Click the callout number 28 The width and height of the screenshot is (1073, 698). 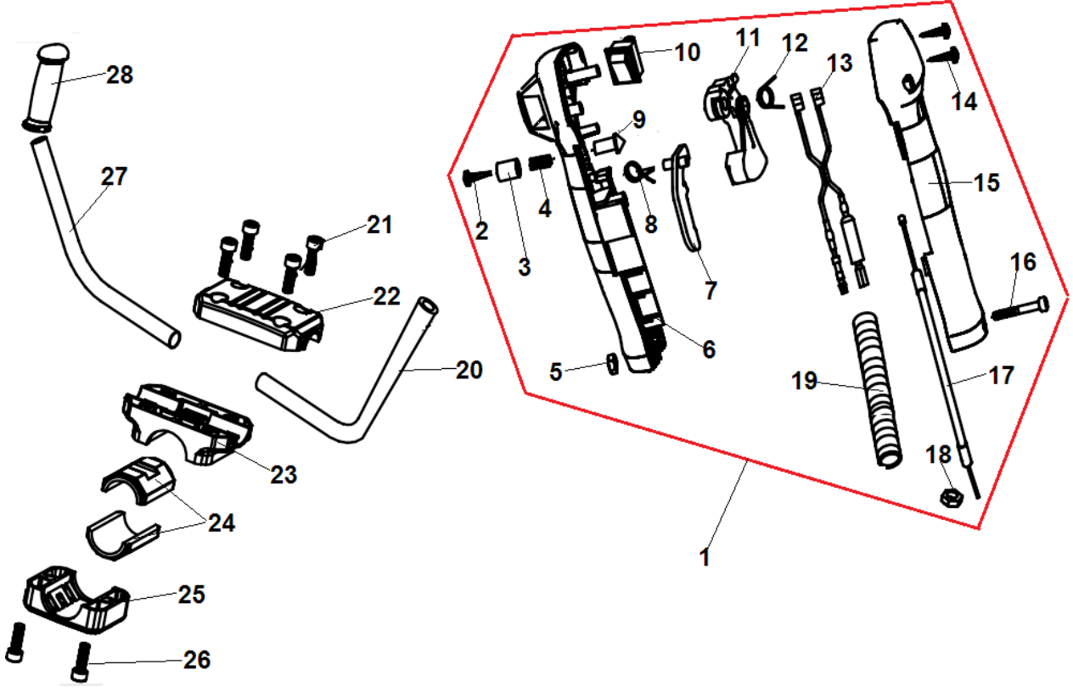(x=120, y=75)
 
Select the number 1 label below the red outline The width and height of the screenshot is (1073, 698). (x=704, y=558)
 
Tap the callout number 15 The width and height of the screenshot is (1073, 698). (x=986, y=182)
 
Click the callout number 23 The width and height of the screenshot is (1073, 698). (x=284, y=474)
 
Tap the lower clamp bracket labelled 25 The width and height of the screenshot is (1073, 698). (x=76, y=602)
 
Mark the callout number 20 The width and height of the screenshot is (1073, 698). (x=469, y=370)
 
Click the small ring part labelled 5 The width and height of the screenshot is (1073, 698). (x=610, y=366)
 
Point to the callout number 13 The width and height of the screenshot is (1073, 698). (x=839, y=62)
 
